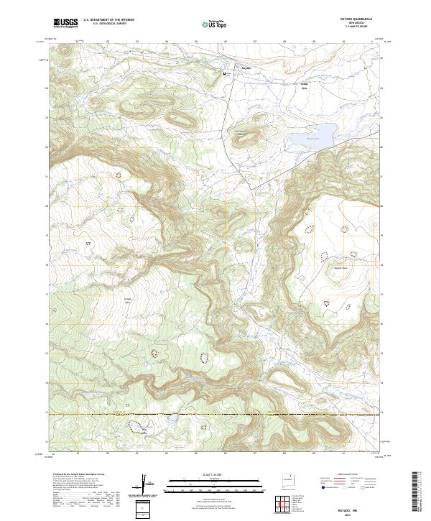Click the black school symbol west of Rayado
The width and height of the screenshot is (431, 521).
click(224, 73)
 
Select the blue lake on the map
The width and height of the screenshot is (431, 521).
click(312, 135)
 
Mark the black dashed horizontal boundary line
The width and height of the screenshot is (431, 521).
click(215, 415)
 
